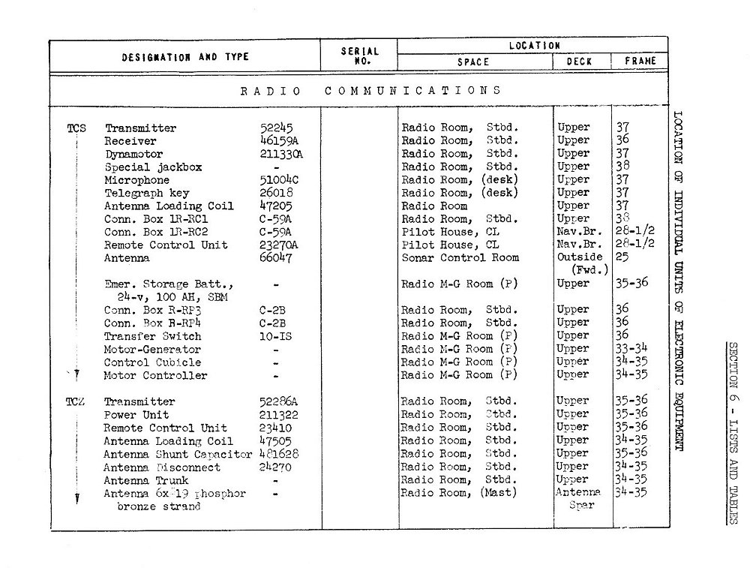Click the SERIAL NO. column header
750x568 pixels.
(359, 56)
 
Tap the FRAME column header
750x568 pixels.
(640, 62)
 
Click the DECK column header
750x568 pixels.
(579, 62)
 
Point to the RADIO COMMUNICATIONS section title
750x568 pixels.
(370, 91)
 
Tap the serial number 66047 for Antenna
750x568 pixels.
(276, 258)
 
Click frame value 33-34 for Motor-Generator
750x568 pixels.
(631, 349)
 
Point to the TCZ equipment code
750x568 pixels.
(75, 401)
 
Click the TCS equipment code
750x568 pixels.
(76, 128)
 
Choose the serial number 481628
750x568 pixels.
(279, 454)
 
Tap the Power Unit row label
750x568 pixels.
(136, 415)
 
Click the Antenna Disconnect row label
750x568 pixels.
(162, 467)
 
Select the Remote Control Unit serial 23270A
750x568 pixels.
(279, 245)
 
